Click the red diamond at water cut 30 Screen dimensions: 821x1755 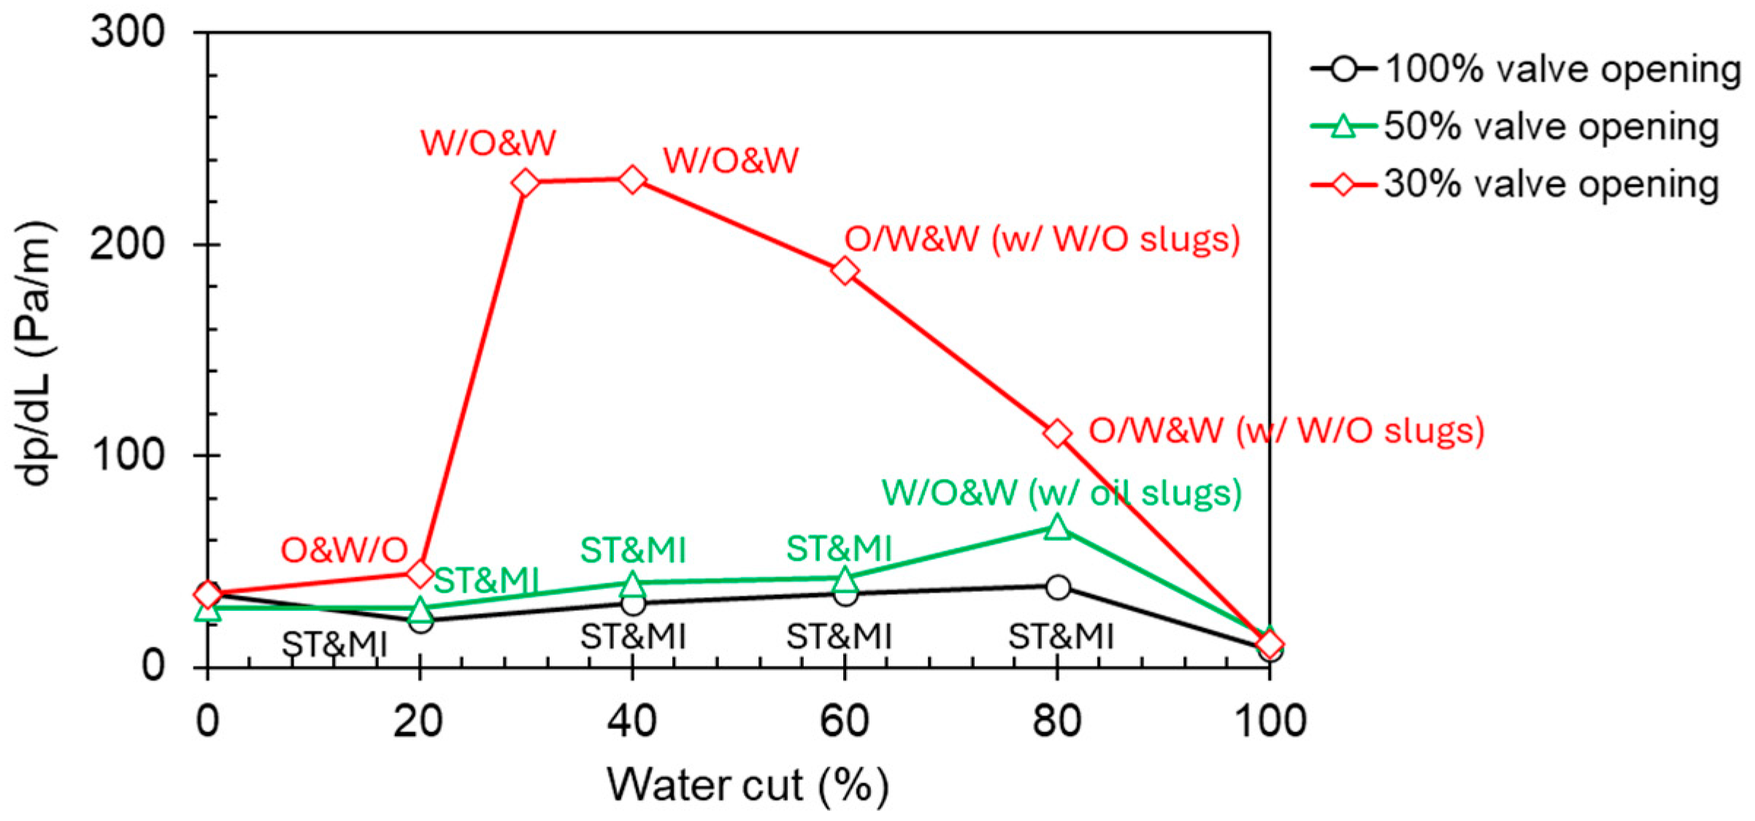(526, 182)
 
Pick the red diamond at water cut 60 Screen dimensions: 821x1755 (845, 271)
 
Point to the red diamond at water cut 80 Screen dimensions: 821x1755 (1057, 433)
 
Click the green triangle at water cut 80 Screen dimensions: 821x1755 (1057, 526)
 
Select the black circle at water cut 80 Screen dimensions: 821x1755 (1058, 587)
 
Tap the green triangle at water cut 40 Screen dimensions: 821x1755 (633, 583)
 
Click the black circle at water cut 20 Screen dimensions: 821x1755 (420, 621)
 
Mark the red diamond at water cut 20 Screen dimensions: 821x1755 (420, 574)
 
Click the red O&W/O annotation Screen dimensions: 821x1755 (344, 550)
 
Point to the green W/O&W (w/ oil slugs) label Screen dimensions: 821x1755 (1061, 493)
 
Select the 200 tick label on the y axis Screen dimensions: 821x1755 (127, 244)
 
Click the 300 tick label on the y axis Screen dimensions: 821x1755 (127, 33)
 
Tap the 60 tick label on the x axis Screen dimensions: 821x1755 (845, 721)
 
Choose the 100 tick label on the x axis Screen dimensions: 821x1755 (1269, 721)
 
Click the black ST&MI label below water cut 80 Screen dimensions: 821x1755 (1061, 636)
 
